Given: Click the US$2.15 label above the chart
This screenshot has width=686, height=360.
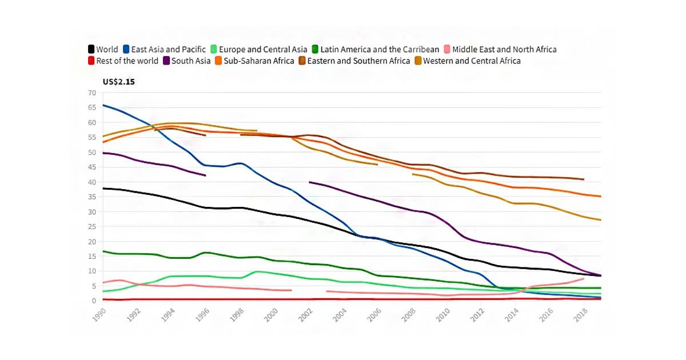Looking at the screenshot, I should pyautogui.click(x=119, y=82).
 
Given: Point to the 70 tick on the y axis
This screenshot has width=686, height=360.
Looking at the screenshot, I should pyautogui.click(x=92, y=93).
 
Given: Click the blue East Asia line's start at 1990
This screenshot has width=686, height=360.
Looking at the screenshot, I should pyautogui.click(x=103, y=105).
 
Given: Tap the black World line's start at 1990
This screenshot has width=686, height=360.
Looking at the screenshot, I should pyautogui.click(x=103, y=189).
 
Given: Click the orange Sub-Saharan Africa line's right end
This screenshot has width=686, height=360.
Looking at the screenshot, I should pyautogui.click(x=600, y=197).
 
